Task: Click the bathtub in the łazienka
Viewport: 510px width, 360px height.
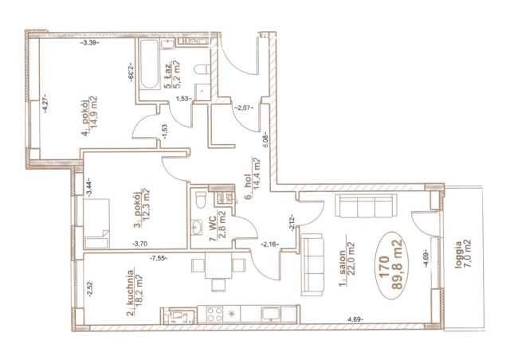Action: [x=149, y=65]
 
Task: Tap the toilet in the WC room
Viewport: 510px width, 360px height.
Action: [x=201, y=200]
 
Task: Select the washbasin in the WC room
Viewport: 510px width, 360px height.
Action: [x=197, y=227]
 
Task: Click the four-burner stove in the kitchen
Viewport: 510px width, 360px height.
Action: [x=214, y=314]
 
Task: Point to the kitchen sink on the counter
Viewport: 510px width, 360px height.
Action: [x=271, y=314]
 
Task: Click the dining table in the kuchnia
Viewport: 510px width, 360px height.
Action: [x=218, y=266]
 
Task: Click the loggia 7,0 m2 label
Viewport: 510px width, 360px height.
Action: [x=462, y=254]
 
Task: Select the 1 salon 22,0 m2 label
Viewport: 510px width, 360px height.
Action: [x=347, y=264]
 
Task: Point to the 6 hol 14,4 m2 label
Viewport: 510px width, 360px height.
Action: [x=253, y=178]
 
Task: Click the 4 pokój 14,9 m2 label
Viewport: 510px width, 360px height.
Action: [x=89, y=115]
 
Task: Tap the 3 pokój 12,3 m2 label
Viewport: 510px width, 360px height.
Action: [x=142, y=208]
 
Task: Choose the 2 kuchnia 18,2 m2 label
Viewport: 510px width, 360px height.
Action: [x=135, y=292]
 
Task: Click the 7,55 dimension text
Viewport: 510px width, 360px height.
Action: [x=159, y=258]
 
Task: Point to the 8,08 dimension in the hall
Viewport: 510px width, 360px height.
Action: [x=266, y=140]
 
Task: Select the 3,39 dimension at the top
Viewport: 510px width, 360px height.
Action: [x=89, y=42]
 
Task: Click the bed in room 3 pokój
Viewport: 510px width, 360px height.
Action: [x=96, y=224]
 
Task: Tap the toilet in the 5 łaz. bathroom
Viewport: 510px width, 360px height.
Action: [x=202, y=69]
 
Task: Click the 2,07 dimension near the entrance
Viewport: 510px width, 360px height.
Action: [x=244, y=108]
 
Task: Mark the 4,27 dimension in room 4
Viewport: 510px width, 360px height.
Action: [x=45, y=103]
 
